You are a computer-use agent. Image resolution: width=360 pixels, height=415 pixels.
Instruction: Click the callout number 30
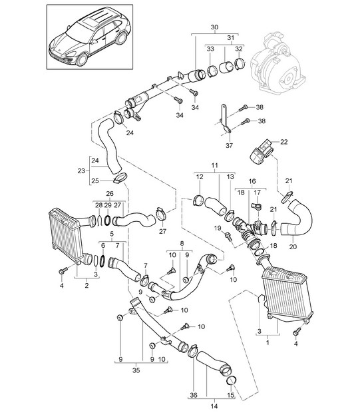(x=215, y=27)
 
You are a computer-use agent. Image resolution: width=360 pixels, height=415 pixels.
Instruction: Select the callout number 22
(x=284, y=142)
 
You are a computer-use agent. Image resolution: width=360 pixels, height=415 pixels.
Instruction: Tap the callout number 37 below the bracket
(x=229, y=145)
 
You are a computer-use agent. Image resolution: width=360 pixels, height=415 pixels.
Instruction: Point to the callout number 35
(x=136, y=370)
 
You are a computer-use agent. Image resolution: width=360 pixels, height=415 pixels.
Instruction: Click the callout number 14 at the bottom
(x=214, y=406)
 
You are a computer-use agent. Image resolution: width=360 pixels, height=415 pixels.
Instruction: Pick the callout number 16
(x=252, y=181)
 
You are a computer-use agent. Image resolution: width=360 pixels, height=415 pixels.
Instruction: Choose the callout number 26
(x=110, y=193)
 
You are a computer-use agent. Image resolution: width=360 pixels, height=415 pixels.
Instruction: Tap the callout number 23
(x=81, y=171)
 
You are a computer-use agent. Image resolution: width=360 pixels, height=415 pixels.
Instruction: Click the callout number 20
(x=293, y=246)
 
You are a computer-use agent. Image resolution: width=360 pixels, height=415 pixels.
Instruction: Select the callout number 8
(x=182, y=243)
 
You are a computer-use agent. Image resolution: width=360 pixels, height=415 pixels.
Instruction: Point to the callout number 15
(x=231, y=395)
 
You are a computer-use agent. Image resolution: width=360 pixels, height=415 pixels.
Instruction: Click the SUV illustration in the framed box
(x=90, y=37)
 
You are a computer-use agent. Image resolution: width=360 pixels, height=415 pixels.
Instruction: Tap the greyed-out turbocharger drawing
(x=277, y=63)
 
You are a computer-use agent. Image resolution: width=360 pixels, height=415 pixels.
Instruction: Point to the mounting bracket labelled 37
(x=225, y=120)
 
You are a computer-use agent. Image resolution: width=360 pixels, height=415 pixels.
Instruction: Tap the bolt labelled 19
(x=228, y=236)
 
